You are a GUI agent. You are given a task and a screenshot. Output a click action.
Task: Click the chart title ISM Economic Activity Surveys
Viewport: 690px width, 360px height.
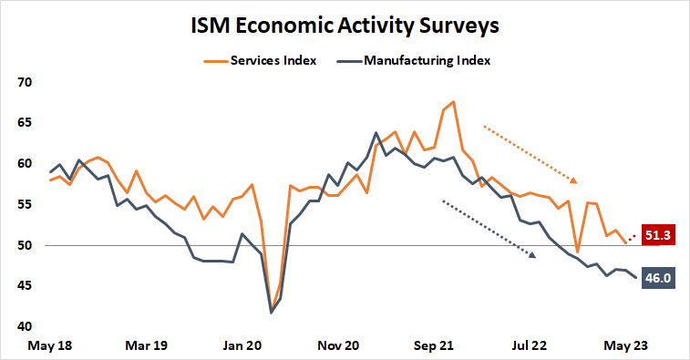click(x=345, y=25)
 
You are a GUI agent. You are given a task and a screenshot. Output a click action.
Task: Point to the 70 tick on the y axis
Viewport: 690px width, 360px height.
click(x=25, y=82)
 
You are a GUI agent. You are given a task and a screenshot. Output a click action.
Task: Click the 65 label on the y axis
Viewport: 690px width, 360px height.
click(x=25, y=123)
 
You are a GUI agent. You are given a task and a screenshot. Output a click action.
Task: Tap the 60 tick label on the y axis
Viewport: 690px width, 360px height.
click(x=25, y=164)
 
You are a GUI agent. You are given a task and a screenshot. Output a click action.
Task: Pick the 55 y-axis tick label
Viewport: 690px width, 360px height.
click(x=25, y=205)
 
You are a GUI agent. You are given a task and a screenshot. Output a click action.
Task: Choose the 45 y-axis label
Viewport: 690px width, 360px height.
click(x=25, y=286)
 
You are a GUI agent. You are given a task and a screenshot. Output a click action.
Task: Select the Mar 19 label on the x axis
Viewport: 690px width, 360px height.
click(x=147, y=346)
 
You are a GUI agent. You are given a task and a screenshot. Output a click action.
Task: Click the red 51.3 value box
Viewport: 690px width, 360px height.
click(x=658, y=235)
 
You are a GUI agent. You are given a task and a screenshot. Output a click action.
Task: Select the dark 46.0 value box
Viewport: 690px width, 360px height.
click(x=658, y=279)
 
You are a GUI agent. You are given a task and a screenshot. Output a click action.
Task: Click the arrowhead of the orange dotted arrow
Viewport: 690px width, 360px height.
click(x=574, y=179)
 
